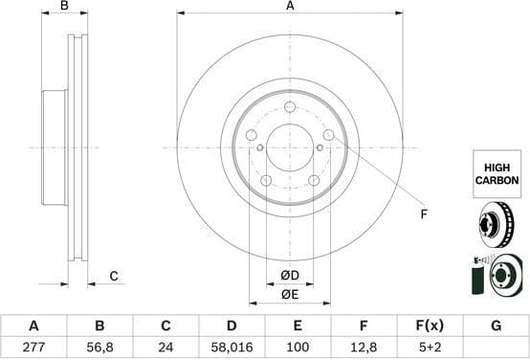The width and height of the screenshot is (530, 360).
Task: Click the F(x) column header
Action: (x=430, y=326)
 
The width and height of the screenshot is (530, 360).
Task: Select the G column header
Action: (x=496, y=326)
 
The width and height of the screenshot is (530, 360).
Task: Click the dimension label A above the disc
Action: (x=290, y=7)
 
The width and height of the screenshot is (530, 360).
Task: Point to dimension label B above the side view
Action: (x=65, y=7)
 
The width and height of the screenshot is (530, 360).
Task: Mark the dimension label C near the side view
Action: (x=113, y=277)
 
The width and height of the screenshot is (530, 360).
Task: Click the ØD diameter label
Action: (x=289, y=277)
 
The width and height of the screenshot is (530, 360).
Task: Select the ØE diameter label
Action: (x=289, y=294)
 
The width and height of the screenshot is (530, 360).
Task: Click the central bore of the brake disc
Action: (x=289, y=147)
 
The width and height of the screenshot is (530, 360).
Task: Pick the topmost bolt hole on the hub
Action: (x=289, y=107)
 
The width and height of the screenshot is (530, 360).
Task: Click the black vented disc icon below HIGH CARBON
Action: (x=497, y=226)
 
